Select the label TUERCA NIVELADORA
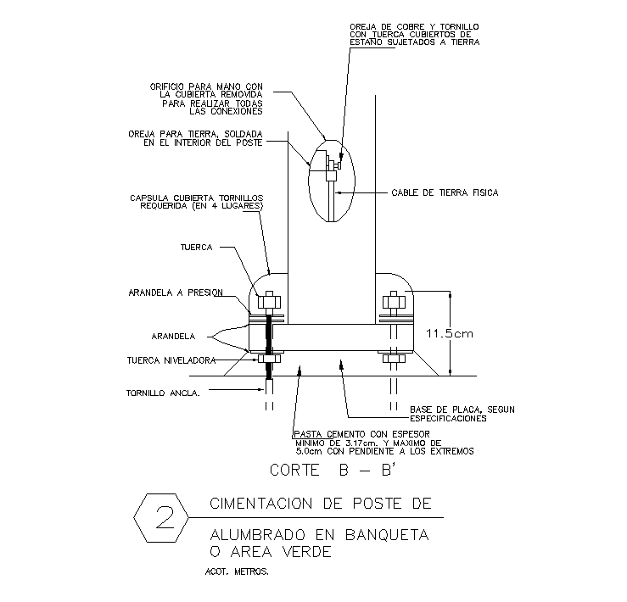pyautogui.click(x=169, y=359)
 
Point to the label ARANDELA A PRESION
pyautogui.click(x=175, y=293)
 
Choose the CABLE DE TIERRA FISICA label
pyautogui.click(x=445, y=192)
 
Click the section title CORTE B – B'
pyautogui.click(x=322, y=469)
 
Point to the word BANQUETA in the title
pyautogui.click(x=387, y=535)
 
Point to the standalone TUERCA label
pyautogui.click(x=196, y=248)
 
